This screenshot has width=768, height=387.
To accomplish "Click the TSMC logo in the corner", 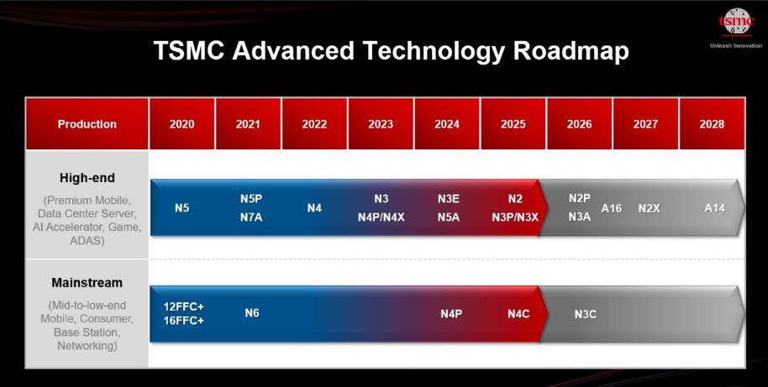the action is [736, 22].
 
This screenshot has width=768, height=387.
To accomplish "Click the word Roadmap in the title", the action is [571, 50].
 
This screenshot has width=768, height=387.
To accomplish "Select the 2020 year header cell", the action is [181, 123].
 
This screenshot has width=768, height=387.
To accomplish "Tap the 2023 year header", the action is [381, 123].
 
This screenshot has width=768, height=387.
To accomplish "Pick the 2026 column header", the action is [580, 123].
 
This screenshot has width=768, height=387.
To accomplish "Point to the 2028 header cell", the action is [713, 123].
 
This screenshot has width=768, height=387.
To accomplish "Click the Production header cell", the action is [87, 123].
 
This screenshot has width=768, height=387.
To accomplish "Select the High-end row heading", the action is [87, 178].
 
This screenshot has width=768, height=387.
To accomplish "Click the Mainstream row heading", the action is [87, 283].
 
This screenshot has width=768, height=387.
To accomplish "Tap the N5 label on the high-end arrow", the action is [181, 208].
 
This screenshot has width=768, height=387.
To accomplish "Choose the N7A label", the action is [251, 217].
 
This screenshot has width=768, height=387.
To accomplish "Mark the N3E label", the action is [448, 199].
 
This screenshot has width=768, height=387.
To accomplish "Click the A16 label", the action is [611, 208].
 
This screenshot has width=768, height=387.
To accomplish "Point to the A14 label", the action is [714, 208].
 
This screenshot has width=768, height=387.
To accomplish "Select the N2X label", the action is [649, 208].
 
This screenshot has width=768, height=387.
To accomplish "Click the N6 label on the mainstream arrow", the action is [252, 312].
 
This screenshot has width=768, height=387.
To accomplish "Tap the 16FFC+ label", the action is [184, 321].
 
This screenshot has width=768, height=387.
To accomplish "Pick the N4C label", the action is [518, 314].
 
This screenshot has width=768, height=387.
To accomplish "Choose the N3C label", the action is [586, 314].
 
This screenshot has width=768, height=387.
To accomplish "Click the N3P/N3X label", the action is [515, 217].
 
